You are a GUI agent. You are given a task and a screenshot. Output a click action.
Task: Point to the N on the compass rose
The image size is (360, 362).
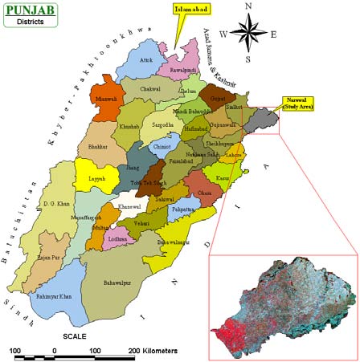tap(248, 6)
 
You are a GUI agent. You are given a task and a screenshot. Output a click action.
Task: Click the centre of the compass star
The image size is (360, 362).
tap(248, 33)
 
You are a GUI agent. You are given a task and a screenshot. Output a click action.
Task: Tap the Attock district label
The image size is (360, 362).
tap(145, 60)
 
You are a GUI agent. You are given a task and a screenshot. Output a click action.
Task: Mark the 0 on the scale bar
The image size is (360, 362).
tap(55, 352)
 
